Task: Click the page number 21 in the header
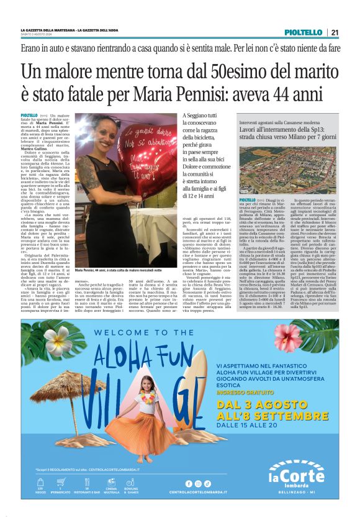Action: pos(335,32)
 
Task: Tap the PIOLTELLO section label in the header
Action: pos(304,32)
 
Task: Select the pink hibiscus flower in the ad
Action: pos(287,336)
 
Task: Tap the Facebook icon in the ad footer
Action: pos(189,483)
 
